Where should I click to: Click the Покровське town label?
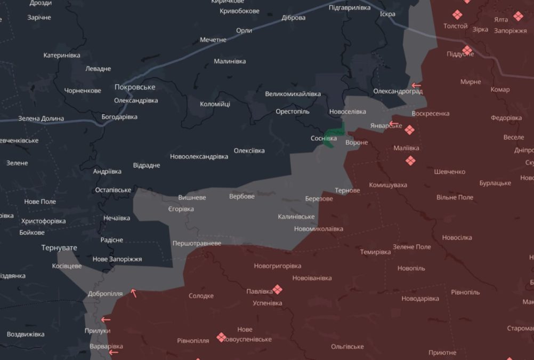135,87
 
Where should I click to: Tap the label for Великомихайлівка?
293,94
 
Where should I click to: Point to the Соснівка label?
323,138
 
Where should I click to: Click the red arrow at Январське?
394,124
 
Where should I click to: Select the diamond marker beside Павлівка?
277,290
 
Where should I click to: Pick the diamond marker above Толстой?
457,15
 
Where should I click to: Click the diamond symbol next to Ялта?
518,17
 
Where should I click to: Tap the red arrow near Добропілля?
134,293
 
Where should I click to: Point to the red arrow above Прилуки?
106,320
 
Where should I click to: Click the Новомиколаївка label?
319,229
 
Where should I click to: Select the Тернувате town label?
59,248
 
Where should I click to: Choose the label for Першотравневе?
197,243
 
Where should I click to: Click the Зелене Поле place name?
412,247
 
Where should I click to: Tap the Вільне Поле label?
455,197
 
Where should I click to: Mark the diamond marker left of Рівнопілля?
221,337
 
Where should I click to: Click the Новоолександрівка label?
199,156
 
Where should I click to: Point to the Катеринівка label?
62,55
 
